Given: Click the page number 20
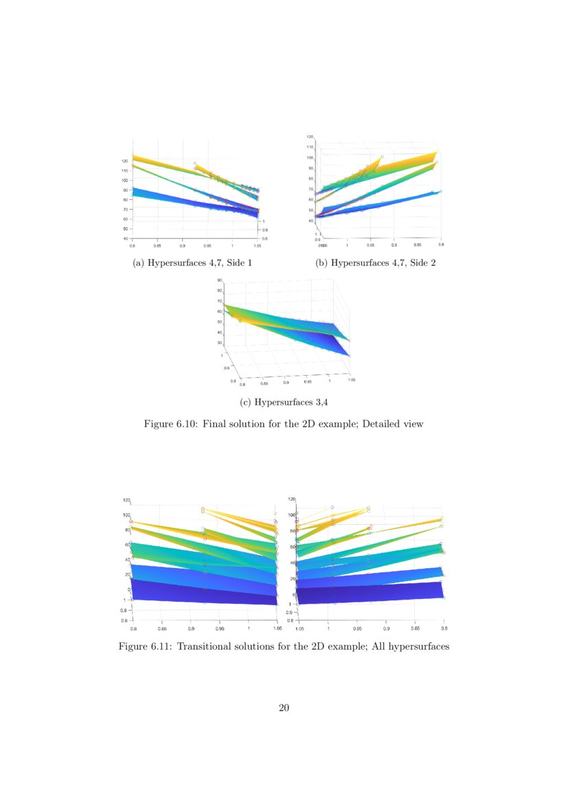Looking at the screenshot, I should (x=284, y=708).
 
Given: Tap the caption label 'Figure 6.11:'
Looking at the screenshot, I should (x=146, y=646).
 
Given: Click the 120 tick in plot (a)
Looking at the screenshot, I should (x=125, y=161).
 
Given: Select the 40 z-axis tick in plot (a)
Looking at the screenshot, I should (x=125, y=238).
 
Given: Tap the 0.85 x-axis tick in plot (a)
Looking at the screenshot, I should (x=157, y=245).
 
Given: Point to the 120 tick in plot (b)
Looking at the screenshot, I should (x=310, y=137).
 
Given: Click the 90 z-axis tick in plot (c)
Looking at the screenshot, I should (x=219, y=280).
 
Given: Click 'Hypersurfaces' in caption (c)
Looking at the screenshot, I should (x=284, y=402).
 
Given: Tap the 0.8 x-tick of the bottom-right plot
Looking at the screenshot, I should (x=444, y=627).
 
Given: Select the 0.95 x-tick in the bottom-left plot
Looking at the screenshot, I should (x=220, y=627).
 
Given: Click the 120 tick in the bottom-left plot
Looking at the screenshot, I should (x=126, y=500).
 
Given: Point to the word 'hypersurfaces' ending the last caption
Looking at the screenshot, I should (x=418, y=646).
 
